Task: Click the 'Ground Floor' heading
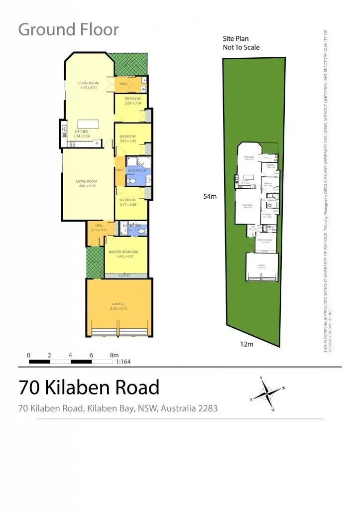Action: point(69,30)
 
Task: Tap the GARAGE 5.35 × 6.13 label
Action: point(118,306)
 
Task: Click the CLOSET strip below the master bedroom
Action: point(124,275)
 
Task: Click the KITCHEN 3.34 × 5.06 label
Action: point(82,133)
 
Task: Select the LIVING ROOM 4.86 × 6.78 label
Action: point(86,183)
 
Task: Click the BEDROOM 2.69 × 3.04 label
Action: point(132,101)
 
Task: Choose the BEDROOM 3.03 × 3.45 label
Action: point(127,138)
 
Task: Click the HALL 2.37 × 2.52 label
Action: point(99,228)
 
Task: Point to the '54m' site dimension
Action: point(210,197)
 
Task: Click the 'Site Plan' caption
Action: point(236,38)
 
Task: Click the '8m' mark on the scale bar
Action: point(115,355)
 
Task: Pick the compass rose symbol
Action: point(268,393)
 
